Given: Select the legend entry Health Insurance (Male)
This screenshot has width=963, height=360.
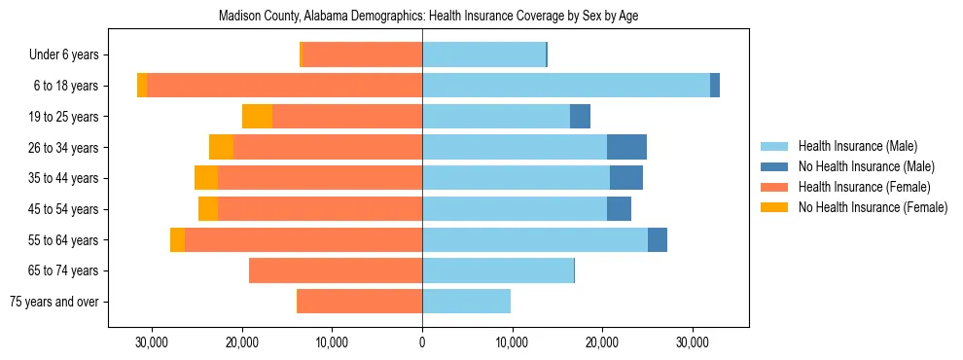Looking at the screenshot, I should tap(857, 146).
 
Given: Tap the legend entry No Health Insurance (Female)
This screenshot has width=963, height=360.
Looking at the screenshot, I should tap(873, 207).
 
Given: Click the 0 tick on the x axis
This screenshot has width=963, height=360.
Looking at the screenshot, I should tap(422, 343).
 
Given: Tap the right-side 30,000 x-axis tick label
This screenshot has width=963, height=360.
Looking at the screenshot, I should tap(693, 343).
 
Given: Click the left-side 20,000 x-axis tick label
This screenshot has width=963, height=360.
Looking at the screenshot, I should tap(241, 343).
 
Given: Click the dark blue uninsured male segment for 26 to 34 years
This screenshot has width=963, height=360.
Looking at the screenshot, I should tap(626, 147).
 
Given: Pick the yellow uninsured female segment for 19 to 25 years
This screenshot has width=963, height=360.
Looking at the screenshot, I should tap(257, 117).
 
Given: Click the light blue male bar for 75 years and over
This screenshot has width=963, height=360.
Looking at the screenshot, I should tap(466, 302).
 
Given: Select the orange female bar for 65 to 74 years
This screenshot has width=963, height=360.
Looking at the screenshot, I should tap(336, 270).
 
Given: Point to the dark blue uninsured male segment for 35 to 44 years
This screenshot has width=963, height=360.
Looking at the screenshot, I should tap(625, 178).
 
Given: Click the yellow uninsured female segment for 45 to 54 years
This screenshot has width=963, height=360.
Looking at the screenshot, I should tap(208, 209).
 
